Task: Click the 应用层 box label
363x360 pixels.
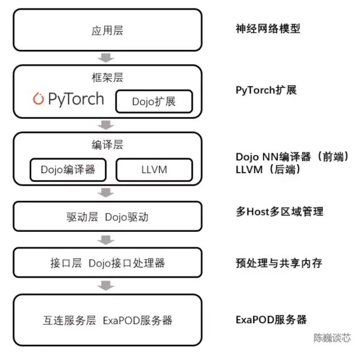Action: click(x=107, y=30)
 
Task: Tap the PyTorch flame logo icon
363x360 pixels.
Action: click(x=39, y=99)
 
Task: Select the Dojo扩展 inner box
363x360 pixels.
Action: click(x=154, y=102)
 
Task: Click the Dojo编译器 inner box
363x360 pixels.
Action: click(x=67, y=169)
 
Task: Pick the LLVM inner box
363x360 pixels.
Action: click(x=154, y=169)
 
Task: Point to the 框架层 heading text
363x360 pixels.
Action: click(x=107, y=77)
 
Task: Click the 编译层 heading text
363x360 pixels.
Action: click(x=107, y=145)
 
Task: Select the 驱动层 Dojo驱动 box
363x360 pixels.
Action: click(x=107, y=217)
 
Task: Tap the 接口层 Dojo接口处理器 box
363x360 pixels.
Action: click(x=107, y=263)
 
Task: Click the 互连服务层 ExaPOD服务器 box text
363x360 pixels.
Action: click(x=107, y=320)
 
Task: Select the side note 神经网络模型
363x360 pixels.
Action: click(x=268, y=28)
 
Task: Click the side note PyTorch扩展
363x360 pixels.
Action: click(x=266, y=90)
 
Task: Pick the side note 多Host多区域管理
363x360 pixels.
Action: click(x=280, y=212)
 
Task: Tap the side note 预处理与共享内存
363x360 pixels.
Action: click(x=279, y=263)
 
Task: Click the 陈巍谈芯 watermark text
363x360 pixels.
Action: click(x=332, y=337)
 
